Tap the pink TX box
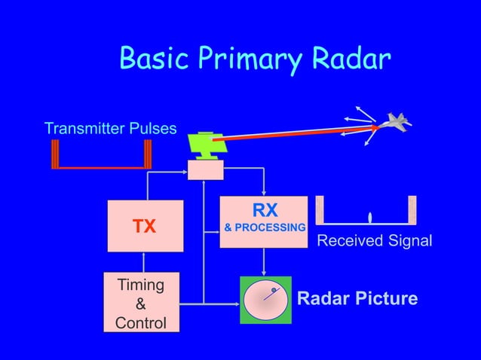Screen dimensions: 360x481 click(145, 226)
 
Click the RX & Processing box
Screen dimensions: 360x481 click(263, 221)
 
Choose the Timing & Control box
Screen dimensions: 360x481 click(141, 303)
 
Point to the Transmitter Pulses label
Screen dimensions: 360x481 click(111, 128)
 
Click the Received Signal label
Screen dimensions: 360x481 click(375, 241)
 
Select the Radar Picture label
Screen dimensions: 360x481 click(357, 299)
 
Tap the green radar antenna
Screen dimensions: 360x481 click(204, 145)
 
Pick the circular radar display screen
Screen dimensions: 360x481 click(265, 301)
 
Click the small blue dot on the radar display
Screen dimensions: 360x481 click(274, 290)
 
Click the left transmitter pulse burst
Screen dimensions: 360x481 click(55, 154)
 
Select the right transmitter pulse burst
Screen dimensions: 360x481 click(147, 154)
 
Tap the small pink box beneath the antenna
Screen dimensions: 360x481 click(205, 171)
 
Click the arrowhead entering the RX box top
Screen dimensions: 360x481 click(263, 193)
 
